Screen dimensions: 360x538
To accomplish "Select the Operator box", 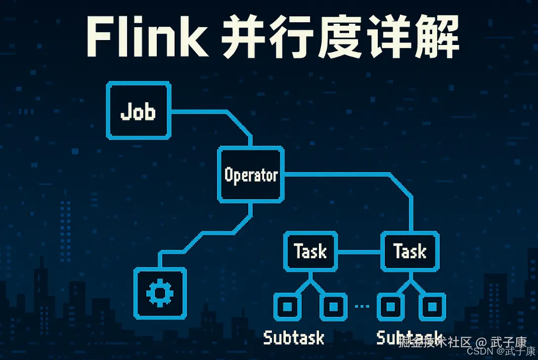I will pyautogui.click(x=251, y=174).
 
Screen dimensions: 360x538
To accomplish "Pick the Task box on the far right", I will pyautogui.click(x=410, y=251).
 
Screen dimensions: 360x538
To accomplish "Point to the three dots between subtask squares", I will pyautogui.click(x=362, y=307).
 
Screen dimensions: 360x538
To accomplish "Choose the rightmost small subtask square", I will pyautogui.click(x=432, y=307).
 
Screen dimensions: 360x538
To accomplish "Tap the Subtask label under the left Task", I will pyautogui.click(x=294, y=338).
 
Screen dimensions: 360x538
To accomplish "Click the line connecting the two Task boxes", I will pyautogui.click(x=359, y=252).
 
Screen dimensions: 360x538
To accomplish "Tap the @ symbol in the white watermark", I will pyautogui.click(x=482, y=342).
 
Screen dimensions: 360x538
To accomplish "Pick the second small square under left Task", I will pyautogui.click(x=333, y=307).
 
